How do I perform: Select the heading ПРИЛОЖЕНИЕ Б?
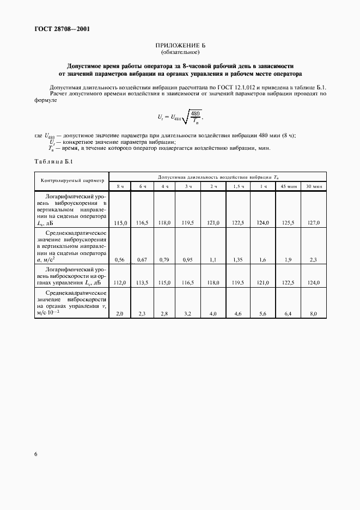(180, 46)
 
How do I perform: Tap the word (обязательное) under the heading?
(180, 53)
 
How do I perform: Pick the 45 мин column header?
(288, 186)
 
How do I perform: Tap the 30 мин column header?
(314, 186)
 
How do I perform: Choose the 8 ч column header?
(121, 186)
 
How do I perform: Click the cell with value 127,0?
(314, 223)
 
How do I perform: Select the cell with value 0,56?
(121, 260)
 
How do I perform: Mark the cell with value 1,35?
(239, 260)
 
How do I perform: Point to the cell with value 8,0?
(314, 314)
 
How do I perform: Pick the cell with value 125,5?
(288, 223)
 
